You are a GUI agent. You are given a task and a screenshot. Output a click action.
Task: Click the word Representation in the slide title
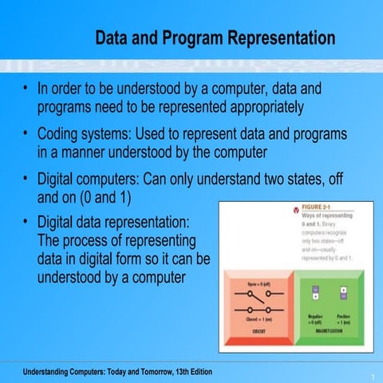tap(277, 38)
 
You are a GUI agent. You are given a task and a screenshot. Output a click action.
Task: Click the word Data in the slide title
tap(113, 38)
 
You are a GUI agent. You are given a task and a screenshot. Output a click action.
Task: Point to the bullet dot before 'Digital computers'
tap(26, 180)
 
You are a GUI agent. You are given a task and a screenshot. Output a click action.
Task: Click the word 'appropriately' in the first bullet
tap(254, 106)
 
